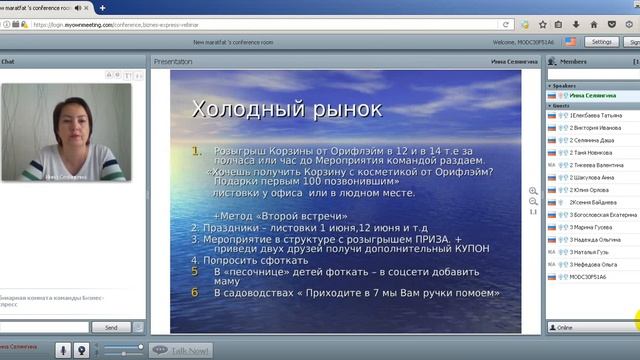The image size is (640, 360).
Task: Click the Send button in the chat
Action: coord(111,327)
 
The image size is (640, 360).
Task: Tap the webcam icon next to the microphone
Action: coord(83,349)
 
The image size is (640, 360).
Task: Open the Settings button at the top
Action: coord(601,42)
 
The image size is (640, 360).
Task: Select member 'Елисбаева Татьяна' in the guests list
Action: coord(596,116)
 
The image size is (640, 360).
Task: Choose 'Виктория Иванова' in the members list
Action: coord(596,128)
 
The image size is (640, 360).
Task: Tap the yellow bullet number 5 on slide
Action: coord(196,271)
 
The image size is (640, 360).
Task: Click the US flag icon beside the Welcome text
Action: coord(571,42)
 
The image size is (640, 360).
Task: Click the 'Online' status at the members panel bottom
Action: coord(565,327)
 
